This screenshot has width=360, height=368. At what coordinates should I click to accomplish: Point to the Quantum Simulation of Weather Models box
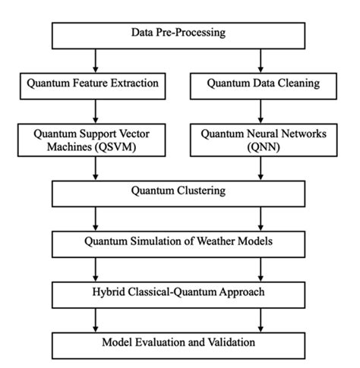[180, 243]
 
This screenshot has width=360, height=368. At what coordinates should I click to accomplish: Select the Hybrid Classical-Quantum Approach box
[180, 292]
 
